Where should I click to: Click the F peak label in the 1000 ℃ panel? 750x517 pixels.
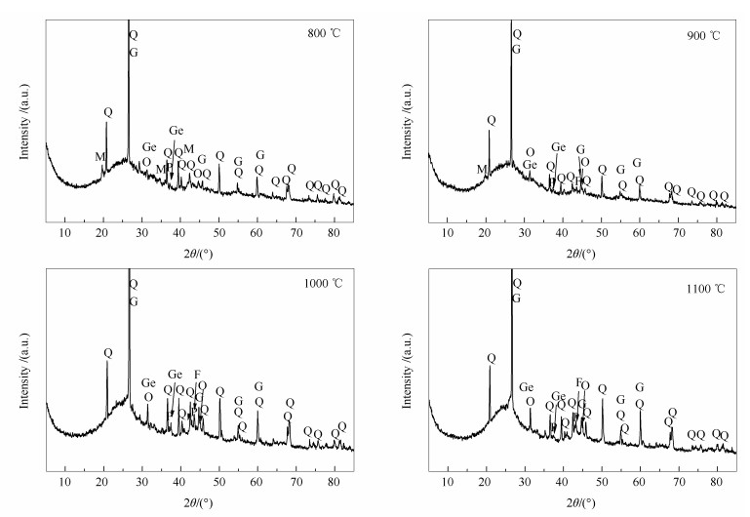click(x=197, y=374)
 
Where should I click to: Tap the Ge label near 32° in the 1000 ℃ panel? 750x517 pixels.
click(x=148, y=383)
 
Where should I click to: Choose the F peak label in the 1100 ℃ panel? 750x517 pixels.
click(x=579, y=381)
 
